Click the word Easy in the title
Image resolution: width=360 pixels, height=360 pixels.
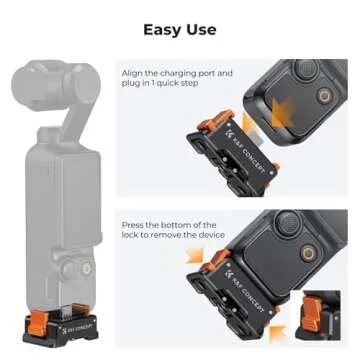pos(163,29)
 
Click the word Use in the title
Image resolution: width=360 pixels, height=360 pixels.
pos(200,29)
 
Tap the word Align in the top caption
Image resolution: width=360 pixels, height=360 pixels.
pos(131,73)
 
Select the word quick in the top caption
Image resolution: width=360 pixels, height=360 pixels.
pos(179,85)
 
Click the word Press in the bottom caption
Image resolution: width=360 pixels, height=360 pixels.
pos(132,225)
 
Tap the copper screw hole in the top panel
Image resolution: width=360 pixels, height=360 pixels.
pos(323,97)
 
